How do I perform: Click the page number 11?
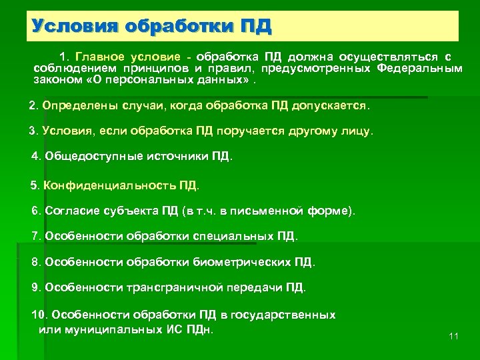click(454, 336)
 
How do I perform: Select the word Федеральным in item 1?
click(419, 69)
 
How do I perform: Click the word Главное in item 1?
click(99, 57)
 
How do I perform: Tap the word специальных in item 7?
click(234, 236)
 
